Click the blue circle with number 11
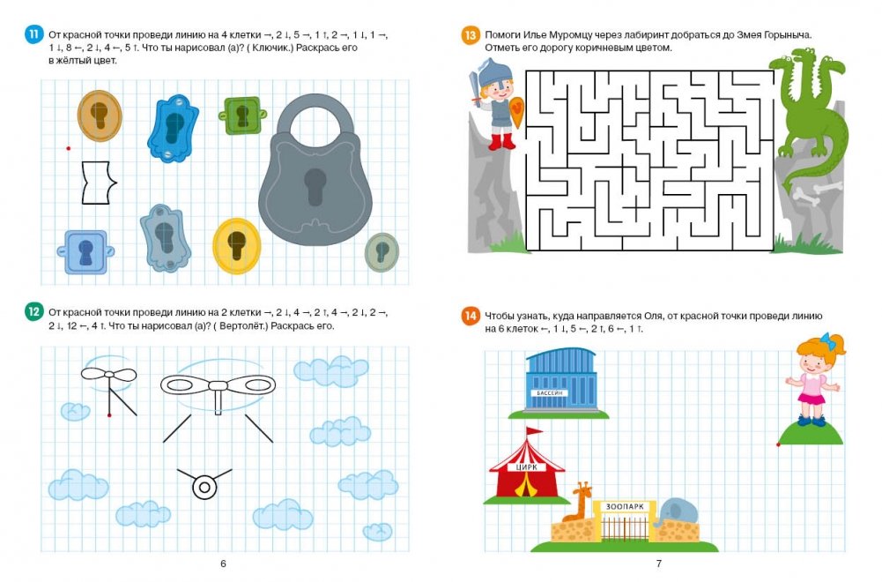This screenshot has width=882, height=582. click(34, 34)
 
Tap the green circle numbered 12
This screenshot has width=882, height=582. click(34, 312)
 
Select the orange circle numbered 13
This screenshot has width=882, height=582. click(471, 35)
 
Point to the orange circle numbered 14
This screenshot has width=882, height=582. click(471, 316)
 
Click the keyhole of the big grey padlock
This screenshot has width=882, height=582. click(315, 186)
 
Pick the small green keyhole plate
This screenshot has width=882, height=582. click(242, 116)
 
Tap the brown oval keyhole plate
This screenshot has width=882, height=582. click(100, 116)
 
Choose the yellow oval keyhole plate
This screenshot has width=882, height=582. click(237, 246)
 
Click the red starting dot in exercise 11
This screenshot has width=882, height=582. click(69, 148)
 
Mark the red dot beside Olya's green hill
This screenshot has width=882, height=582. click(779, 444)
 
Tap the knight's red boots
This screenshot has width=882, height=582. click(501, 142)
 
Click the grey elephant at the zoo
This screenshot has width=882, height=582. click(677, 512)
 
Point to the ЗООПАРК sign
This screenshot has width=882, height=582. click(625, 506)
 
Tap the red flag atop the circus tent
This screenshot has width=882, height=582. click(534, 432)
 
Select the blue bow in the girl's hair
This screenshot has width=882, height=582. click(826, 340)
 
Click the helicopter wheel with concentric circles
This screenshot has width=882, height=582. click(204, 488)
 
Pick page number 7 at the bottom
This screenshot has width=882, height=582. click(659, 563)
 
